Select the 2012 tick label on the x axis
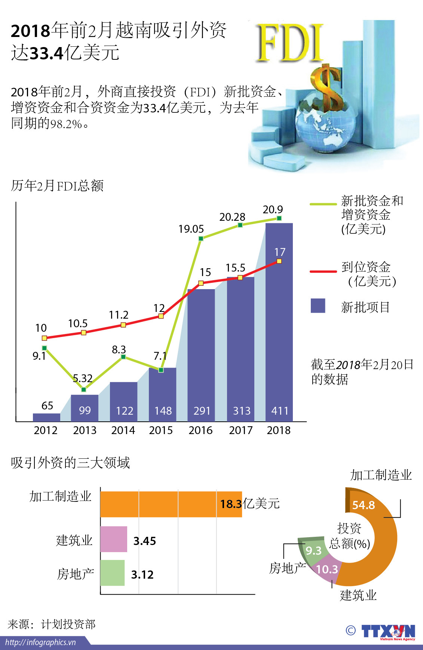point(46,430)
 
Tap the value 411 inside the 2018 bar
point(280,411)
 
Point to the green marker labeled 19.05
point(201,238)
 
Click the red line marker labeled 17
point(279,261)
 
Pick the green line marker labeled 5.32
point(84,390)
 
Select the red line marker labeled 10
point(45,338)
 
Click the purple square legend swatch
point(318,306)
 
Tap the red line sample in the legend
point(323,272)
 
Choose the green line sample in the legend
point(323,204)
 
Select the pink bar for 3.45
point(114,539)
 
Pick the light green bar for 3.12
point(112,573)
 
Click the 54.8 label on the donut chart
point(363,505)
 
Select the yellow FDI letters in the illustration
point(290,43)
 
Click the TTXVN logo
point(388,632)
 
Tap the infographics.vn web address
point(40,643)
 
